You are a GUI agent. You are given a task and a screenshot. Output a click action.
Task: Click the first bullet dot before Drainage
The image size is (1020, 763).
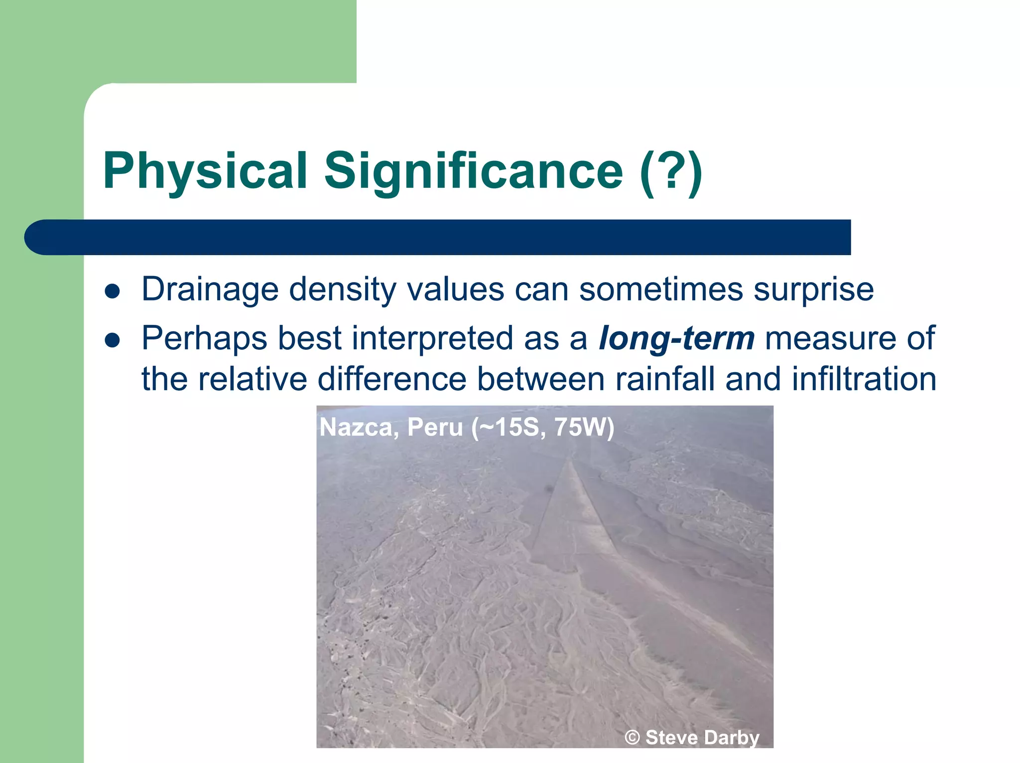point(113,291)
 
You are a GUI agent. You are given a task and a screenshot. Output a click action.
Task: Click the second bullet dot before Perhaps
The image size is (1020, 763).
point(113,340)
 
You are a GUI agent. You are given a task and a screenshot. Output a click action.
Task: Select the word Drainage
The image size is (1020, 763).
point(210,289)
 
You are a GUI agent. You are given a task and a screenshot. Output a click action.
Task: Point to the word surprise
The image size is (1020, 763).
point(813,289)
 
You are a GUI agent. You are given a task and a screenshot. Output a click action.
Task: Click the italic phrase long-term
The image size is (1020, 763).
point(676,338)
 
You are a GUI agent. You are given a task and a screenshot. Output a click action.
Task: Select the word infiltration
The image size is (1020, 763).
point(864,379)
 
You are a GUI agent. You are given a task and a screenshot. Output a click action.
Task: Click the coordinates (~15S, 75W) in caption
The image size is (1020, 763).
point(543,427)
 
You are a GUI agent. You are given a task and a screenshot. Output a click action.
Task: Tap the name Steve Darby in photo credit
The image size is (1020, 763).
point(702,738)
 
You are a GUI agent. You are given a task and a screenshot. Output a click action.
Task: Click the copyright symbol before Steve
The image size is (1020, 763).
point(632,738)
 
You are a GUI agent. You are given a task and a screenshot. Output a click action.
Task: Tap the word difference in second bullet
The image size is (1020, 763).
point(392,379)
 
